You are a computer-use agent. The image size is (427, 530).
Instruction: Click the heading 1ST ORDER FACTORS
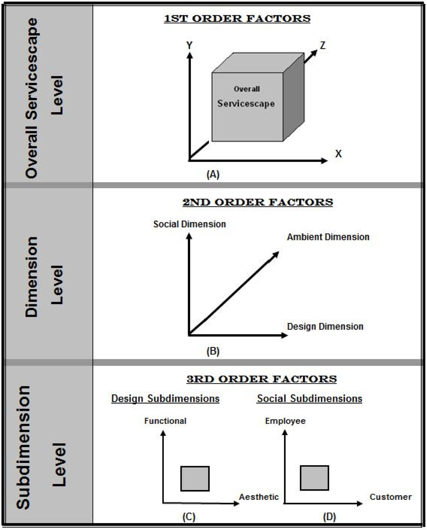click(x=237, y=18)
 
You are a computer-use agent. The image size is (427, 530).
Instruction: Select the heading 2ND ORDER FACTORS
click(x=258, y=202)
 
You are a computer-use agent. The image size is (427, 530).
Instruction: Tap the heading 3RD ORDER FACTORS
click(x=261, y=379)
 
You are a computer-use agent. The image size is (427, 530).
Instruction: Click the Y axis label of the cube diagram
click(x=189, y=45)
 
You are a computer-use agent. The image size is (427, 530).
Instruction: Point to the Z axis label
click(x=323, y=45)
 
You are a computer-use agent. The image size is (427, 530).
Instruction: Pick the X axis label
click(x=338, y=154)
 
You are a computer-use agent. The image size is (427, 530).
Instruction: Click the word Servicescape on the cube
click(x=246, y=103)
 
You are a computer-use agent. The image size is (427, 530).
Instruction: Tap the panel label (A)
click(x=213, y=174)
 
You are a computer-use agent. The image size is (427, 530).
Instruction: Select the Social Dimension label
click(x=189, y=224)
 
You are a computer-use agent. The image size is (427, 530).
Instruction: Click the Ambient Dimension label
click(x=328, y=237)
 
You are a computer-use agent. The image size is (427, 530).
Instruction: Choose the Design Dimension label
click(x=325, y=327)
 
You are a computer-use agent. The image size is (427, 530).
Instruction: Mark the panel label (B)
click(x=213, y=351)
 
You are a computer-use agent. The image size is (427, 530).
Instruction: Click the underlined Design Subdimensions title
click(x=165, y=399)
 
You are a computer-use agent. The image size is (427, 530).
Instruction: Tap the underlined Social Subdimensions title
click(x=309, y=399)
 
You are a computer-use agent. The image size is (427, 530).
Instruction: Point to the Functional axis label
click(x=165, y=421)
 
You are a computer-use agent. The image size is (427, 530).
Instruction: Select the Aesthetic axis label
click(x=259, y=497)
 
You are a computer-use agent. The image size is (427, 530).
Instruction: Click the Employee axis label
click(x=285, y=421)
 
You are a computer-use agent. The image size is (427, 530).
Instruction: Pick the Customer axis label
click(x=390, y=497)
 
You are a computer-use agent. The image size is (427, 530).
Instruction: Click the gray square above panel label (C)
click(x=195, y=478)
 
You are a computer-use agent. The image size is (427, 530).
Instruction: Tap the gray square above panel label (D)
click(x=314, y=478)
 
